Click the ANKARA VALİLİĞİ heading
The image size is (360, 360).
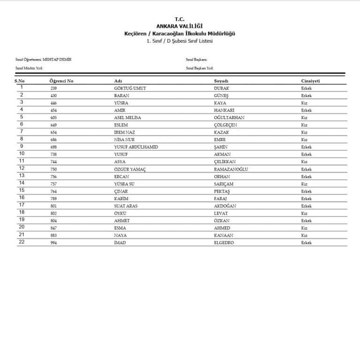click(x=180, y=27)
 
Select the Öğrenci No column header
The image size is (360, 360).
click(x=61, y=81)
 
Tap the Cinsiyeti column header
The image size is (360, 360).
click(x=310, y=81)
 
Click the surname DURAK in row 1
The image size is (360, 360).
click(x=221, y=88)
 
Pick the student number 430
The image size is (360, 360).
click(x=53, y=96)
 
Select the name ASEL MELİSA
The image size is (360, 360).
click(x=127, y=118)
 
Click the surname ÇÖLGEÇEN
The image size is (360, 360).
click(x=225, y=125)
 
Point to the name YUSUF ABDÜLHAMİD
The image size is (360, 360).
click(x=136, y=147)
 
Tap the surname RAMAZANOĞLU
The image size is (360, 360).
click(x=231, y=169)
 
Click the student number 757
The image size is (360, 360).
click(x=53, y=184)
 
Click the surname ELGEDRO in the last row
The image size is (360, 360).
click(x=224, y=243)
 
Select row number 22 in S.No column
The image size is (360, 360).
click(x=22, y=242)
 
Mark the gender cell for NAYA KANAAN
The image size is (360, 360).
click(x=304, y=235)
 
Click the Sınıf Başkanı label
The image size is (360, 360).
click(x=196, y=60)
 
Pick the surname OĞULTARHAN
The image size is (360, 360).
click(x=229, y=118)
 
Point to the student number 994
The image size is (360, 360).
click(x=53, y=243)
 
